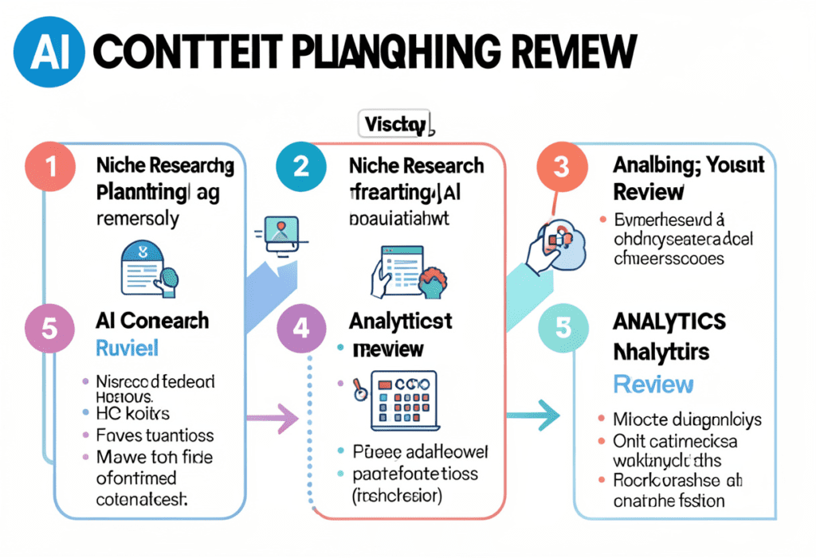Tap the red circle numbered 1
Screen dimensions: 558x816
50,167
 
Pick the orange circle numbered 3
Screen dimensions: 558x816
561,167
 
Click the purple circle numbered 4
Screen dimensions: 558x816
300,328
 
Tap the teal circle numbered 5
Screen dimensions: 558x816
561,327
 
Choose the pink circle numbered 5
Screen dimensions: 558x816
49,328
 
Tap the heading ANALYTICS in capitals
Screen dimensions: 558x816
669,322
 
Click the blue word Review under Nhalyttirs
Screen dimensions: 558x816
653,384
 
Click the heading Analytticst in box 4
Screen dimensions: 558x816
400,321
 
